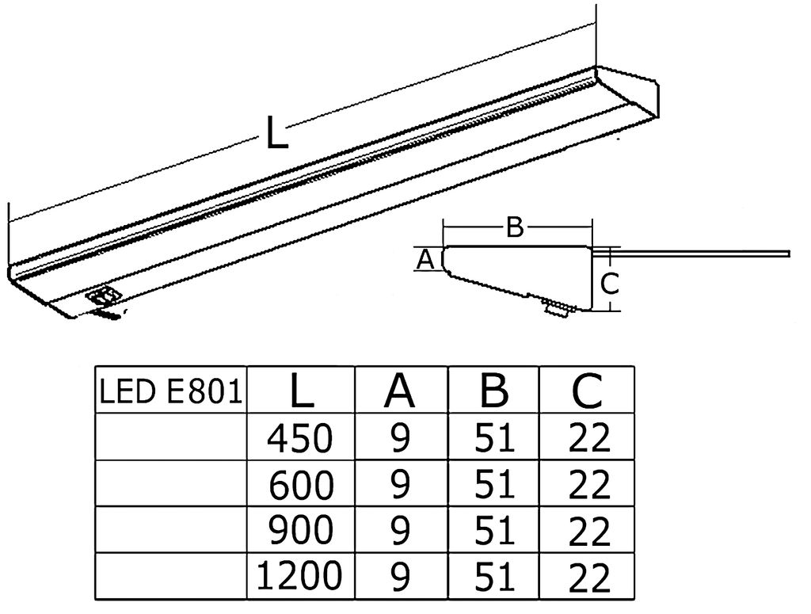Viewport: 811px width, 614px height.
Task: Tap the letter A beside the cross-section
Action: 425,259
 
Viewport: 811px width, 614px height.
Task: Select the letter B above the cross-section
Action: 515,228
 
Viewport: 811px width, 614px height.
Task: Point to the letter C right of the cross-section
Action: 607,283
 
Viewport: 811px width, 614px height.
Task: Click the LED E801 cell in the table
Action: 170,390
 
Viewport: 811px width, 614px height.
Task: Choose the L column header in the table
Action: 301,390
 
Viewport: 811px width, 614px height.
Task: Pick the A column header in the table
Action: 401,390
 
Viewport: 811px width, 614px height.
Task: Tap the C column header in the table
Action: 586,390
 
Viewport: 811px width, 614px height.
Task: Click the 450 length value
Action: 301,437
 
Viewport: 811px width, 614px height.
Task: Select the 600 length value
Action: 301,484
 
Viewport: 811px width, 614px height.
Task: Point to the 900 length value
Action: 301,531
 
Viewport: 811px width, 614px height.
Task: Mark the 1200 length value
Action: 299,576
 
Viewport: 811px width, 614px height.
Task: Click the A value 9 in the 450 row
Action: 401,438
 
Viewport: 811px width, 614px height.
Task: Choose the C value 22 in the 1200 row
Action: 589,578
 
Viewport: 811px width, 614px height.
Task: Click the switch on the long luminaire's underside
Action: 103,296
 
